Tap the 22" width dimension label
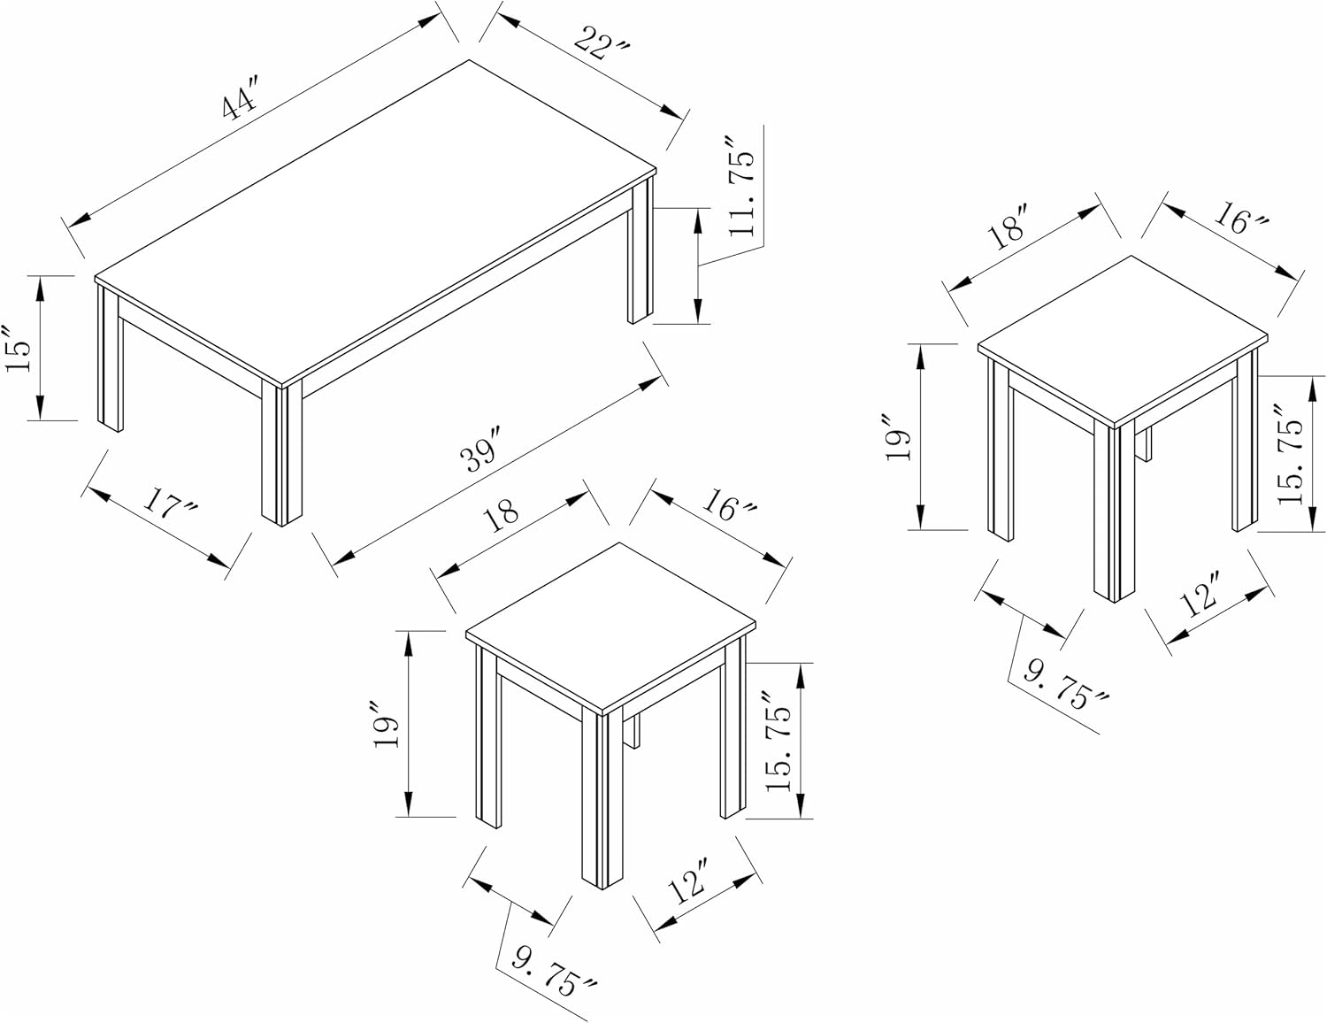tap(601, 43)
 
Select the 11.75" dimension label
tap(740, 187)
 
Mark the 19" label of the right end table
tap(899, 437)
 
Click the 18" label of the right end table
tap(1009, 226)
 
